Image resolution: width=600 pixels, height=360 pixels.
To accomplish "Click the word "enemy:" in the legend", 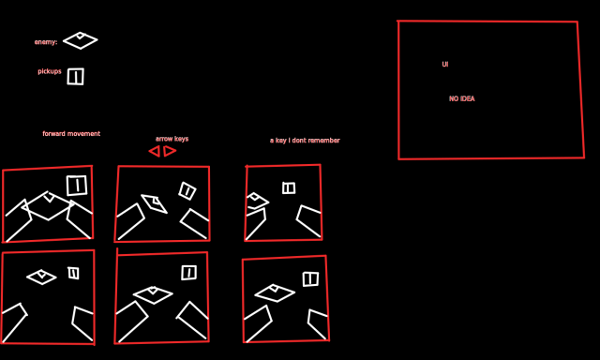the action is click(x=46, y=42).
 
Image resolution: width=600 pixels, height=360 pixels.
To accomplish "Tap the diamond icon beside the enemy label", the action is click(x=64, y=40).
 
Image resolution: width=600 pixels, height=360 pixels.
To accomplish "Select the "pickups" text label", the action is click(x=50, y=71).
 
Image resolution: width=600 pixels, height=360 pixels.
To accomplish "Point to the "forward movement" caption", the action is click(x=71, y=133).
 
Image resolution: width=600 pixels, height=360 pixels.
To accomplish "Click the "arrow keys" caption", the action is click(x=172, y=139).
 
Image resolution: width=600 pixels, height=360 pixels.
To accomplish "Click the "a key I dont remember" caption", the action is click(x=305, y=141).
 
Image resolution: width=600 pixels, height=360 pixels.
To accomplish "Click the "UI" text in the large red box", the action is click(x=445, y=65).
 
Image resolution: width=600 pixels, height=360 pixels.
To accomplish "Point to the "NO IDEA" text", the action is click(x=462, y=98).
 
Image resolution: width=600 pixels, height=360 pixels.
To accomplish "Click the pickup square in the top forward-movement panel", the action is click(x=67, y=186).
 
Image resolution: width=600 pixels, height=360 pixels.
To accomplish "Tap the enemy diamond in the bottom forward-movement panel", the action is click(x=27, y=277).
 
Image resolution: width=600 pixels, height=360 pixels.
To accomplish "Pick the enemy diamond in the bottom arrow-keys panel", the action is click(x=135, y=294).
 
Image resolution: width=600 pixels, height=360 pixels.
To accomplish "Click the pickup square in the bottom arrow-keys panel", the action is click(x=182, y=273).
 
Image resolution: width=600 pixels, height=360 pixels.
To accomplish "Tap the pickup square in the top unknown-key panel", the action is click(x=283, y=188).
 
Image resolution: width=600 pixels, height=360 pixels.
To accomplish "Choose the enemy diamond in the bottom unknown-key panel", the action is click(x=256, y=293).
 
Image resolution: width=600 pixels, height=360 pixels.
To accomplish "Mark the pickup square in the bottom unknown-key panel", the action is click(x=304, y=279).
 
